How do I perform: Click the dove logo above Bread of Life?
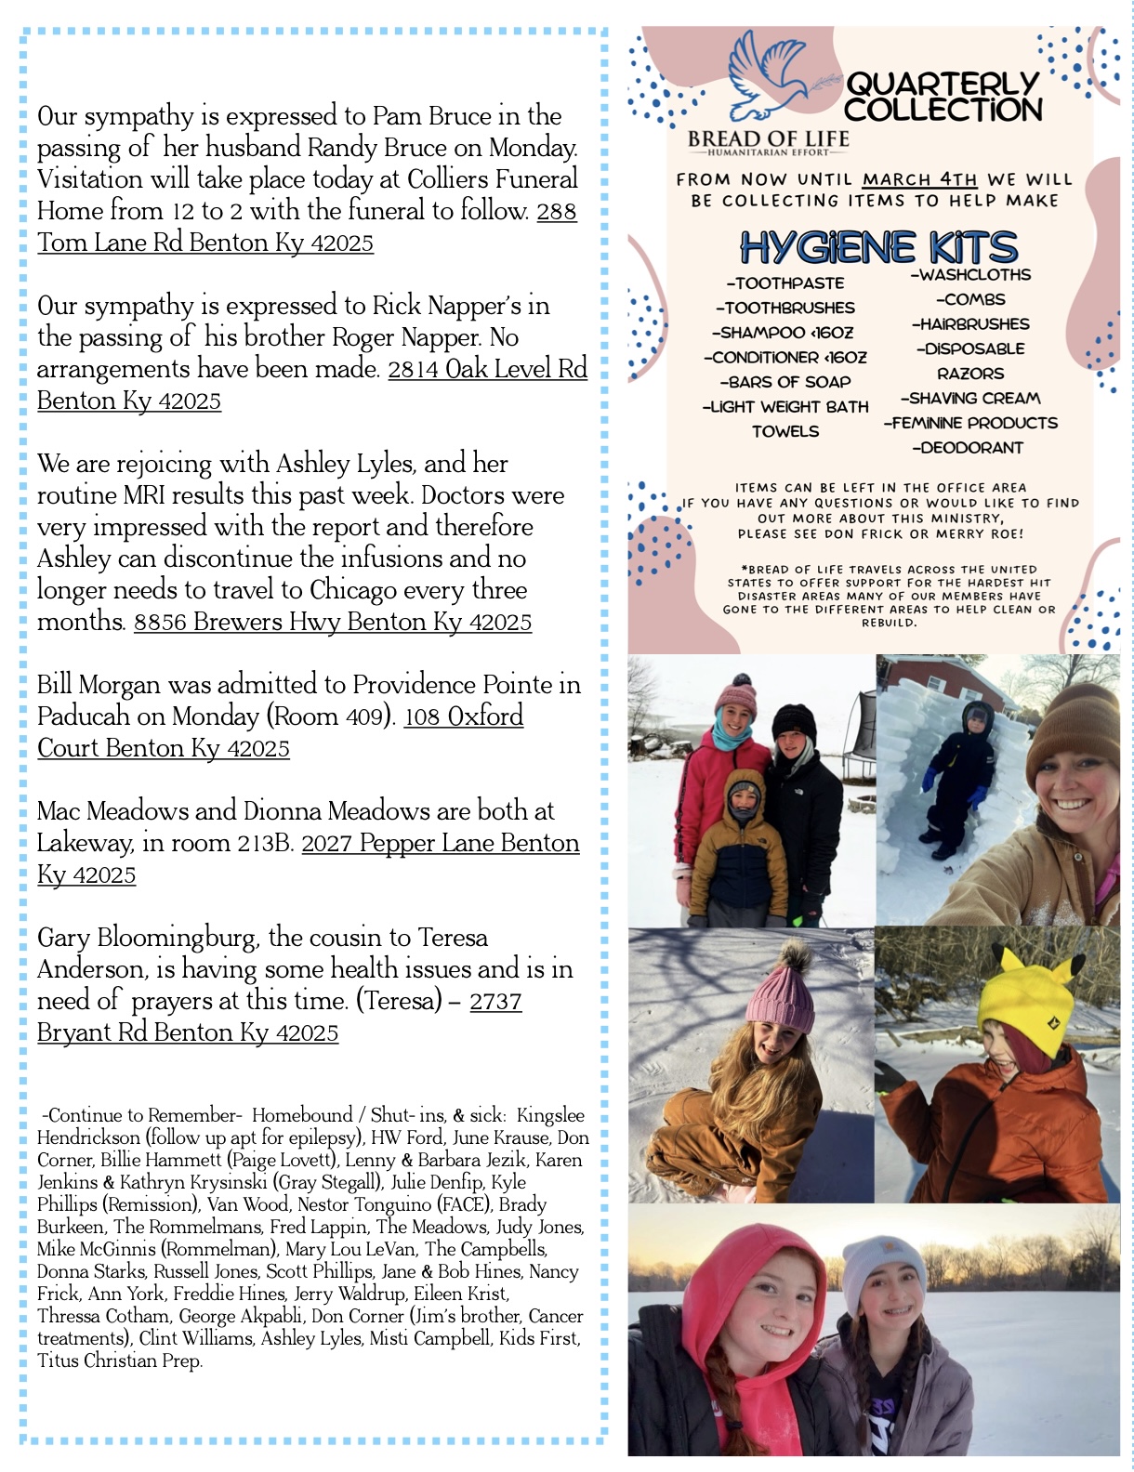pos(768,79)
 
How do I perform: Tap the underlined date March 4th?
pos(919,179)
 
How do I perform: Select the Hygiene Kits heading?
pos(878,247)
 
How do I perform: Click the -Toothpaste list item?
pos(785,283)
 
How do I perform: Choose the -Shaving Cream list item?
pos(969,399)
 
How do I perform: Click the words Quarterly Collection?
pos(943,97)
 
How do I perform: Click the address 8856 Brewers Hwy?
pos(332,622)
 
